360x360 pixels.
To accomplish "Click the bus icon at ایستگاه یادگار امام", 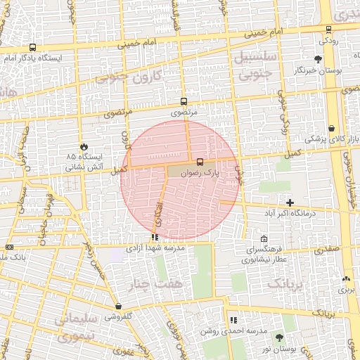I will (x=33, y=48).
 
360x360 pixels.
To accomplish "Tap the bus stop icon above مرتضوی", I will (x=184, y=101).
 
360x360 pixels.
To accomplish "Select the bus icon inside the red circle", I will (x=200, y=162).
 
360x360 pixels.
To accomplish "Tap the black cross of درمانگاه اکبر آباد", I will (x=290, y=202).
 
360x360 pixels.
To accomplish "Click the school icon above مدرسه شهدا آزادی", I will (x=155, y=238).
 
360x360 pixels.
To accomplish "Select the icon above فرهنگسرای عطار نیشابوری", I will (x=264, y=238).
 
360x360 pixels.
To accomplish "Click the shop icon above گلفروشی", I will (x=118, y=307).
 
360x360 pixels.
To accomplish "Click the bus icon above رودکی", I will (x=329, y=29).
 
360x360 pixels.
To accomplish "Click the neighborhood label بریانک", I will (x=287, y=283).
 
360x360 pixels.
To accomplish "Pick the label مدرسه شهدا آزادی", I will (x=155, y=249).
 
